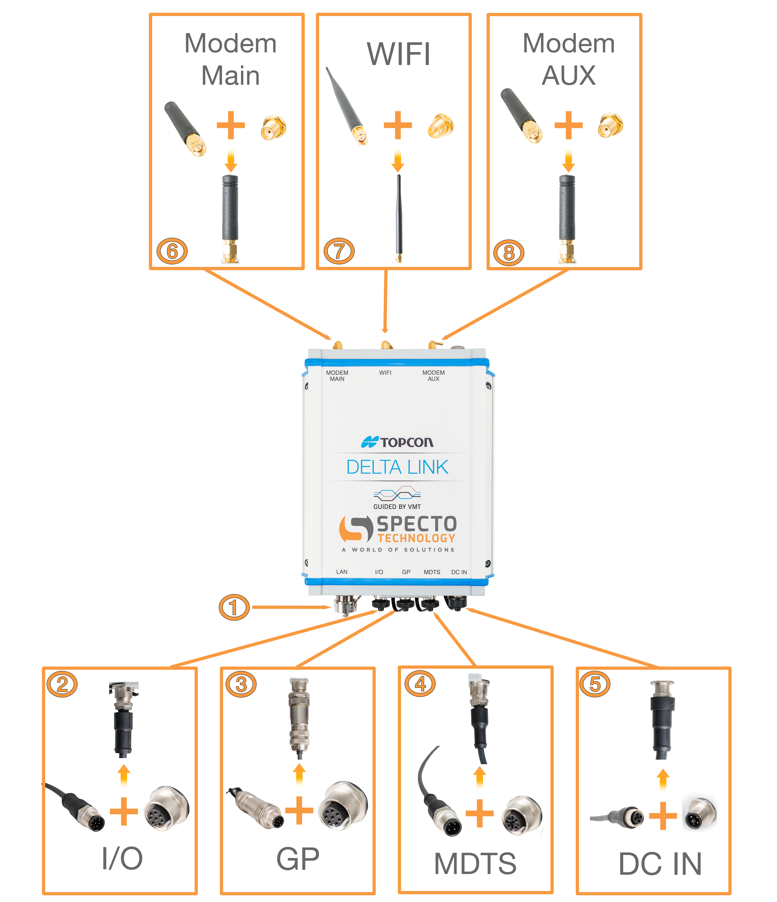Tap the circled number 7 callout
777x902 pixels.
[x=339, y=251]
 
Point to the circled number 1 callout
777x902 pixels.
[x=234, y=607]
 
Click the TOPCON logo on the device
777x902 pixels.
[x=397, y=442]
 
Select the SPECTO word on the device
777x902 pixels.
[x=416, y=524]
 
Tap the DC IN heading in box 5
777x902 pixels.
[x=660, y=864]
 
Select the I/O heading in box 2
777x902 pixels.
[x=122, y=859]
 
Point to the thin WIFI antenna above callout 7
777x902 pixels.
[x=398, y=218]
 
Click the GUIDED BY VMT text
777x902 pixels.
[x=397, y=507]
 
